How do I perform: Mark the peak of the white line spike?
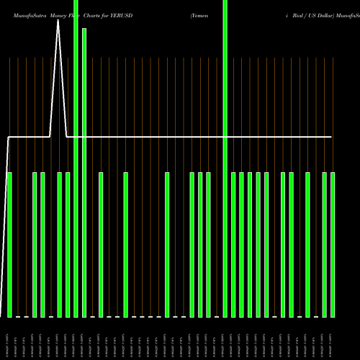pos(58,21)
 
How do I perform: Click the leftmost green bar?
pos(10,245)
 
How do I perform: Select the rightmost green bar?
pos(333,245)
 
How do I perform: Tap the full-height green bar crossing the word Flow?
pos(76,158)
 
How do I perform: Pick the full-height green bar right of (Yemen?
pos(225,158)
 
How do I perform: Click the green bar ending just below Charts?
pos(84,173)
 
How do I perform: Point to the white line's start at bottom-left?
pos(1,315)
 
